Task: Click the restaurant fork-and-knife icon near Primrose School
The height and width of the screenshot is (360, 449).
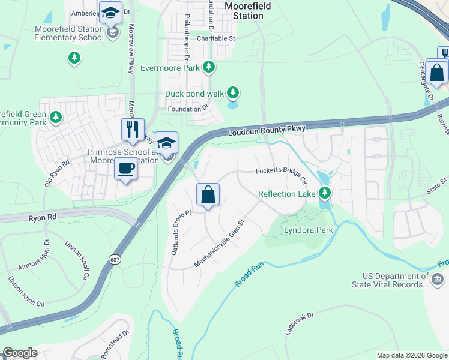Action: point(133,129)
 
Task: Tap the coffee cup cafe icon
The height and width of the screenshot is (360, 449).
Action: point(125,169)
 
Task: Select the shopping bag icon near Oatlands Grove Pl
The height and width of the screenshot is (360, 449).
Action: point(208,194)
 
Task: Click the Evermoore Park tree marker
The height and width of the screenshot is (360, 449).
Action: point(209,67)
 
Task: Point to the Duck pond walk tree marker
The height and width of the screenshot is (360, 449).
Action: point(233,93)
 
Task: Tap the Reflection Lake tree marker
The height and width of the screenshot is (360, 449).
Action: point(325,193)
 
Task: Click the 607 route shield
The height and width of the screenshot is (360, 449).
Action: point(114,259)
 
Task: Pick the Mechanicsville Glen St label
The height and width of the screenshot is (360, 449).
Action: point(220,243)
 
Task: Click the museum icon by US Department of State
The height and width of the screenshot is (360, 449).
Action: point(438,279)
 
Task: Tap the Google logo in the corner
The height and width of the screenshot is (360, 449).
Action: point(20,353)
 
